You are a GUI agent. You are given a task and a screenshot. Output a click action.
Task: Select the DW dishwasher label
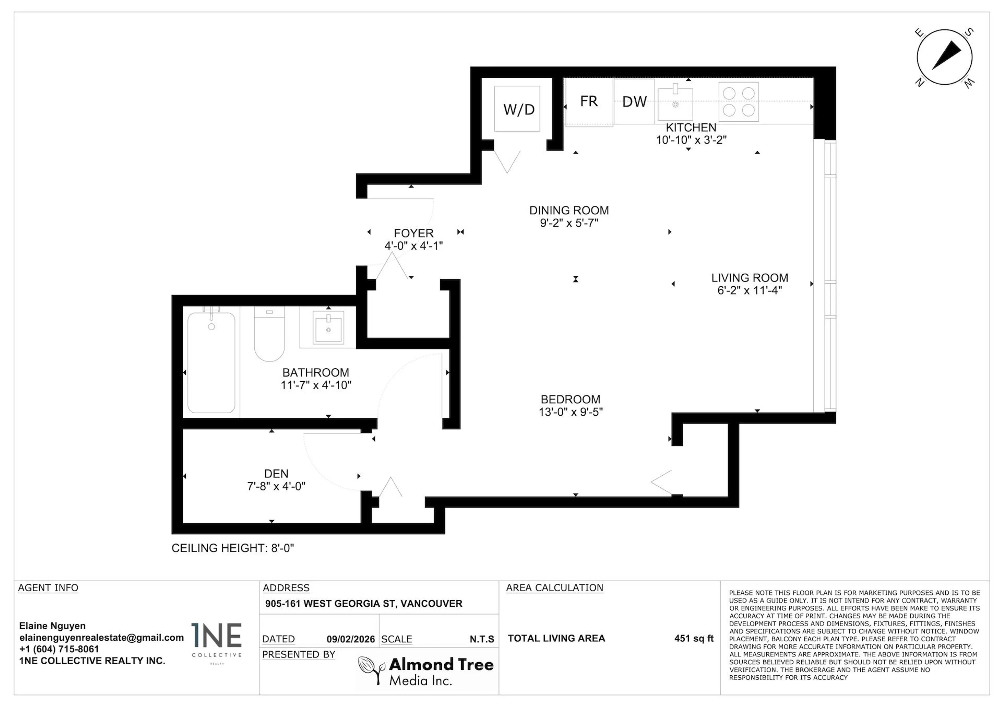634,102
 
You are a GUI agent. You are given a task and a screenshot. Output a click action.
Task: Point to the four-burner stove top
738,102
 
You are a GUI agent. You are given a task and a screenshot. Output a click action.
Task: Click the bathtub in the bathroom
211,362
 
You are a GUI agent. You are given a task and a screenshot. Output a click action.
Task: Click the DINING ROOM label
569,210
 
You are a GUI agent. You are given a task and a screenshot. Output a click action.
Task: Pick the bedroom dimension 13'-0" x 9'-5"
570,412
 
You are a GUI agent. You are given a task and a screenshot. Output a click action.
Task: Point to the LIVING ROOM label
749,278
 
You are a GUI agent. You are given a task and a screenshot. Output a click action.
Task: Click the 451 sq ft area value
694,638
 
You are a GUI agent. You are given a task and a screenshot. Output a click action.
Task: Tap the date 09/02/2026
350,639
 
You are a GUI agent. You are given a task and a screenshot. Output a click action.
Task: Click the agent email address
101,637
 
